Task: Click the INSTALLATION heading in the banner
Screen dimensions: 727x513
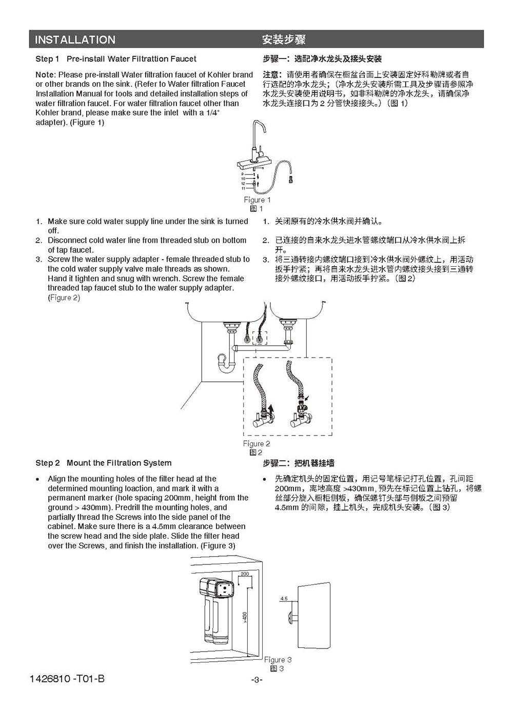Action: coord(75,40)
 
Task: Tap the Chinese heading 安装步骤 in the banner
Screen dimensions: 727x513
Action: coord(284,40)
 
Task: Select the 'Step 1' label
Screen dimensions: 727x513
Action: coord(47,59)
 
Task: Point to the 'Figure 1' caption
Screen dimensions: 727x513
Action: coord(257,200)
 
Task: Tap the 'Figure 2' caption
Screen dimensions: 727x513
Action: coord(256,443)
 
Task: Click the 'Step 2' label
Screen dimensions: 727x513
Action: coord(47,463)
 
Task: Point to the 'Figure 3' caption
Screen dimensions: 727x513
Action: coord(278,659)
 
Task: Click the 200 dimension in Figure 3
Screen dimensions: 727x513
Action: coord(245,574)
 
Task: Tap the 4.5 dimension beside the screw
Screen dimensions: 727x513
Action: coord(284,598)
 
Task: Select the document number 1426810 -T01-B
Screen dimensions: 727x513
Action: coord(67,679)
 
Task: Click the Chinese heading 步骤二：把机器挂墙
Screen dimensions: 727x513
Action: coord(299,463)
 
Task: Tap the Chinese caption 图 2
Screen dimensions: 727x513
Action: coord(256,452)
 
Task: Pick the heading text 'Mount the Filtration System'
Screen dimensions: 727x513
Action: coord(119,463)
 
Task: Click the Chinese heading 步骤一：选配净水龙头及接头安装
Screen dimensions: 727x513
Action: coord(322,59)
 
